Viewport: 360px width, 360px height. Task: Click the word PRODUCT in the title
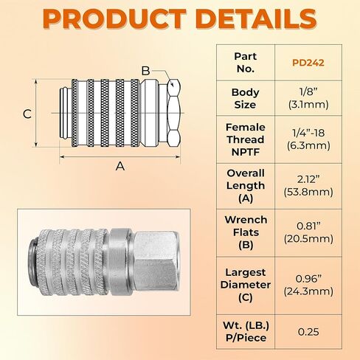pyautogui.click(x=114, y=18)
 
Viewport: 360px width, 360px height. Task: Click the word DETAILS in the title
pyautogui.click(x=256, y=18)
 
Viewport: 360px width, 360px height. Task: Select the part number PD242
pyautogui.click(x=308, y=63)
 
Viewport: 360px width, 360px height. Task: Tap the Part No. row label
pyautogui.click(x=245, y=63)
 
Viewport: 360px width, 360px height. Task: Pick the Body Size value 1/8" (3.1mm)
pyautogui.click(x=308, y=98)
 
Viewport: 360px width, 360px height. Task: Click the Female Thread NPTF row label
pyautogui.click(x=246, y=139)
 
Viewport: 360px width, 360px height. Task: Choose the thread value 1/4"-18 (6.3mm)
pyautogui.click(x=308, y=139)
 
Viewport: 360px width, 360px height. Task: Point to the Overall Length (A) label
pyautogui.click(x=246, y=186)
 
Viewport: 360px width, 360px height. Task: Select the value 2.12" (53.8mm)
pyautogui.click(x=308, y=186)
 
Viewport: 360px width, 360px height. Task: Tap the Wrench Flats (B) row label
pyautogui.click(x=246, y=232)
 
